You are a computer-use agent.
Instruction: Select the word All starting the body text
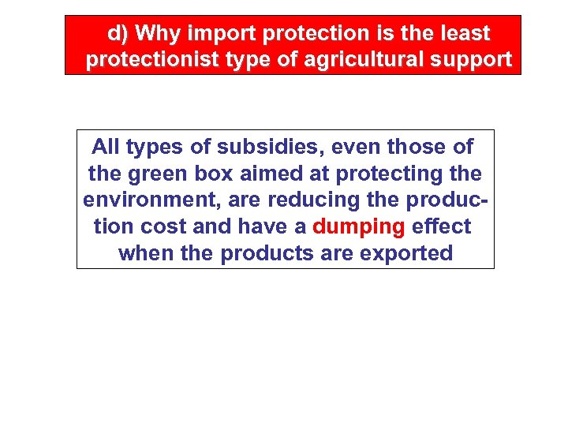(106, 146)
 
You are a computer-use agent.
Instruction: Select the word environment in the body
(151, 200)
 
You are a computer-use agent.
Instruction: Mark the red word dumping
(358, 226)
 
